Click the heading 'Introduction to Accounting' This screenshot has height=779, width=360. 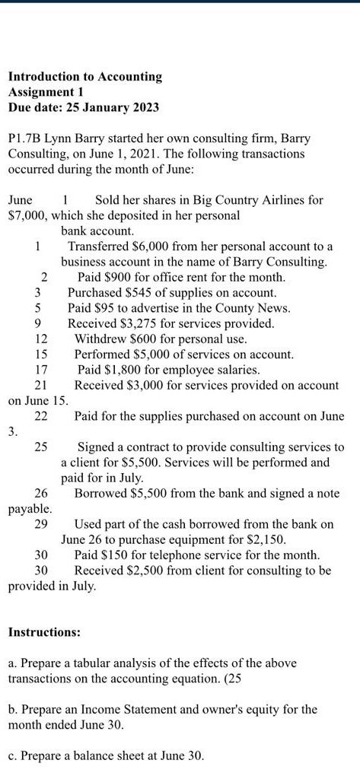[x=84, y=77]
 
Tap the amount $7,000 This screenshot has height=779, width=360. [x=25, y=215]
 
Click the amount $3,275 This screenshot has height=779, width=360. [x=138, y=324]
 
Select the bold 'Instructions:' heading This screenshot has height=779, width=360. [x=43, y=632]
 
